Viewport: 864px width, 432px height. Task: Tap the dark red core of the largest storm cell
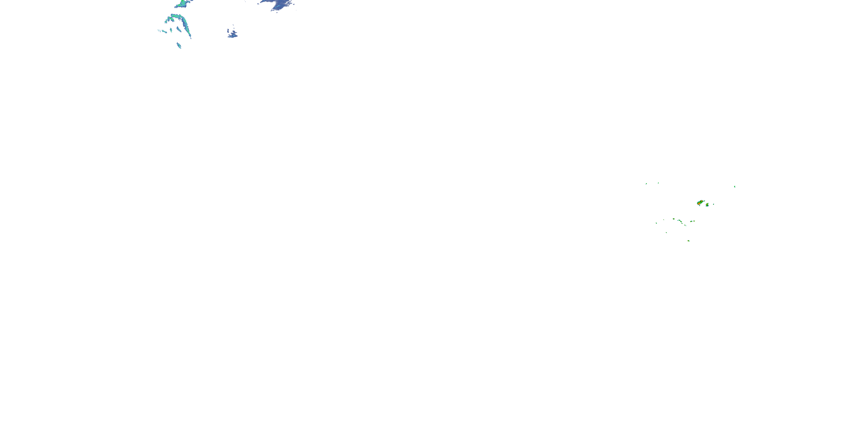[699, 204]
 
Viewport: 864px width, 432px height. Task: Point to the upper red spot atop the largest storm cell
[702, 201]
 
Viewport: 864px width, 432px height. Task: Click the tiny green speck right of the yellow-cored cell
[713, 204]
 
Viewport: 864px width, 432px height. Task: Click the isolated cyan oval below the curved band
[179, 45]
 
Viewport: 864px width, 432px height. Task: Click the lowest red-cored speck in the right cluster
[688, 241]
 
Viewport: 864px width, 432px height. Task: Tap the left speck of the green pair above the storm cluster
[646, 183]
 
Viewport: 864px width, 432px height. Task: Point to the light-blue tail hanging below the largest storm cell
[700, 206]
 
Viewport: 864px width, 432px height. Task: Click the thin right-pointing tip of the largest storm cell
[705, 201]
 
